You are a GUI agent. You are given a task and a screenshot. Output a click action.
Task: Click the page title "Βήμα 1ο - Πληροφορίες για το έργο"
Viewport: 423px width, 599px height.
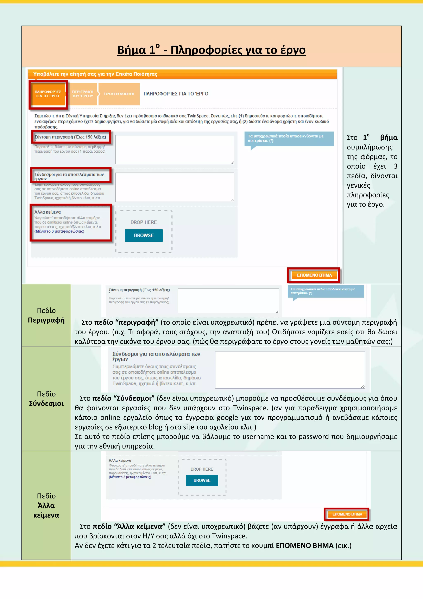point(211,50)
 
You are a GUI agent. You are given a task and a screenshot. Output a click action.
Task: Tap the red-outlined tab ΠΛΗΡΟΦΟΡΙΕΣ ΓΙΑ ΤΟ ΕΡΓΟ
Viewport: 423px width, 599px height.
point(48,94)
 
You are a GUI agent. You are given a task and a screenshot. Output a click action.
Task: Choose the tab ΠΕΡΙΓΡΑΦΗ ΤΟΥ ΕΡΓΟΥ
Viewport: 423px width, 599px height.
point(83,94)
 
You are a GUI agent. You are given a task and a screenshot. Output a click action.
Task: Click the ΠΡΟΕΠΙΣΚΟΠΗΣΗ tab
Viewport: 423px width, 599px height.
point(119,94)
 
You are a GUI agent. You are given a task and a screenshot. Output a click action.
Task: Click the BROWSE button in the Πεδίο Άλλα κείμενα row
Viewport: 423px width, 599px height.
point(202,480)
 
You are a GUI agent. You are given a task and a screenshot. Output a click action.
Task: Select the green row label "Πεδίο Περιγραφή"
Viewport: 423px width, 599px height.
point(46,315)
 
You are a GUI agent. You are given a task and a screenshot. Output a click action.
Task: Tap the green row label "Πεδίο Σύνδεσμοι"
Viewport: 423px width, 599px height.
point(46,399)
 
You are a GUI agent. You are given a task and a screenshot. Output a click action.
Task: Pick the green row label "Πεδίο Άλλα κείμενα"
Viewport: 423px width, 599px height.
point(46,505)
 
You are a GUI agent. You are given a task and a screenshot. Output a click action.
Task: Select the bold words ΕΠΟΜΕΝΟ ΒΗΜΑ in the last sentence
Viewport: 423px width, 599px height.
point(304,545)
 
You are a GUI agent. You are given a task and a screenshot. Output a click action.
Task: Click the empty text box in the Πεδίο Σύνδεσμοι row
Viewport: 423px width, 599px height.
point(290,370)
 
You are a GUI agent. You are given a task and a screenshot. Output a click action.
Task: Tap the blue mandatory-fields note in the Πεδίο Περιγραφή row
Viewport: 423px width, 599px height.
point(325,291)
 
